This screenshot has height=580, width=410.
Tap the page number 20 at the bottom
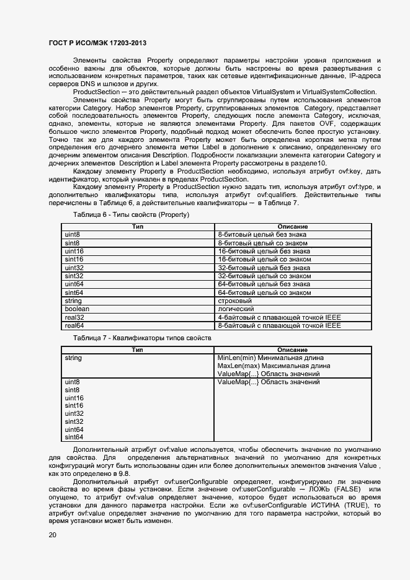[x=53, y=535]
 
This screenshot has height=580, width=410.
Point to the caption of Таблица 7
[x=142, y=338]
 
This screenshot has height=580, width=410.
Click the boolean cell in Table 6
[x=77, y=309]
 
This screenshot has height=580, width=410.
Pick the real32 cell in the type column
[x=74, y=317]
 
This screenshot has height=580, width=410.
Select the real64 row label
[x=74, y=325]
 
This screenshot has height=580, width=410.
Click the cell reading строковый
[x=234, y=301]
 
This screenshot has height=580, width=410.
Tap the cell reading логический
[x=236, y=309]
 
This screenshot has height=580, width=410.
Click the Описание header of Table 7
[x=293, y=350]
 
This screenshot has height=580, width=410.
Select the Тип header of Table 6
[x=138, y=227]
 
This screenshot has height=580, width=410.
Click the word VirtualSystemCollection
[x=338, y=92]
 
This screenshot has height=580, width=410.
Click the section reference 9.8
[x=125, y=473]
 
